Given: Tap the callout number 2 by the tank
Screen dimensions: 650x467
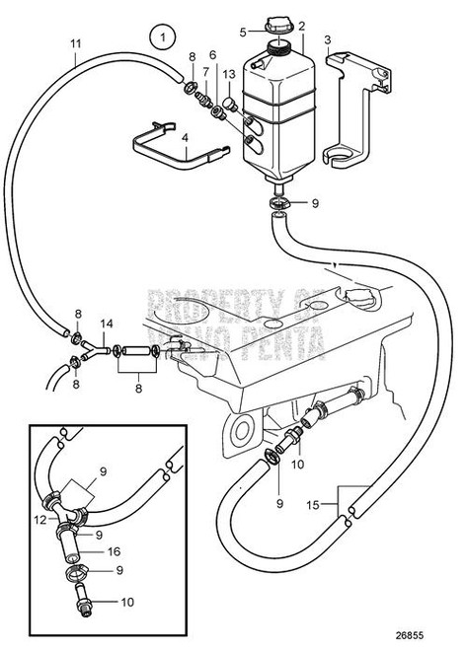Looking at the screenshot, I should click(302, 26).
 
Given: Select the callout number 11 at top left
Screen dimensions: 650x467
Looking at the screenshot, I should click(76, 43).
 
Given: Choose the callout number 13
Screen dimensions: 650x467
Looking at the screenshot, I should click(228, 74).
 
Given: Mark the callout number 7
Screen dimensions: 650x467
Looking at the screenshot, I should click(205, 74).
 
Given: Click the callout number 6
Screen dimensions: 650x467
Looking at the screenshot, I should click(212, 57).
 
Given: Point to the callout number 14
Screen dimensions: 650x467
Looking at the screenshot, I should click(107, 324).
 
